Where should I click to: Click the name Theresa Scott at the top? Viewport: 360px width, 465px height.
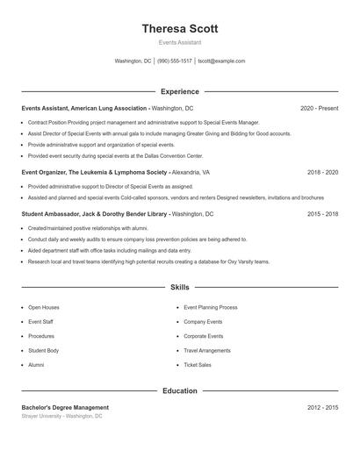point(179,28)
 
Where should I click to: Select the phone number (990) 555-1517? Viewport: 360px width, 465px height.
point(174,61)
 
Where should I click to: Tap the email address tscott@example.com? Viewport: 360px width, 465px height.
point(221,61)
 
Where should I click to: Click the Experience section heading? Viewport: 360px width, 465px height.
point(179,91)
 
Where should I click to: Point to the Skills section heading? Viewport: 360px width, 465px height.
point(179,287)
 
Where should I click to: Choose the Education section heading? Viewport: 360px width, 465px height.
point(179,390)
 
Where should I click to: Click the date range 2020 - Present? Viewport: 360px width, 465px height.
point(319,108)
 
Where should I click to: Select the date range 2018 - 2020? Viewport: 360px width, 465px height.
point(322,173)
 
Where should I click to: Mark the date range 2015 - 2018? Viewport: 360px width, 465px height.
point(322,213)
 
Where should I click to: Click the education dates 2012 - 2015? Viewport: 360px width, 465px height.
point(322,407)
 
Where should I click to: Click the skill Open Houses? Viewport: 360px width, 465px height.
point(44,308)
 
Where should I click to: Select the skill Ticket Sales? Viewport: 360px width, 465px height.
point(197,365)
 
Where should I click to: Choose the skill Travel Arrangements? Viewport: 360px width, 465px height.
point(207,351)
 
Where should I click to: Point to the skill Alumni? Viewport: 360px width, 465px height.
point(36,365)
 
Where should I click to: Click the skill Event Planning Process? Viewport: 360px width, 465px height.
point(211,308)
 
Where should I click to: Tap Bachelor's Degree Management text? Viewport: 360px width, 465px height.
point(65,407)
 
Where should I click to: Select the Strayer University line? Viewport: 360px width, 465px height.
point(61,416)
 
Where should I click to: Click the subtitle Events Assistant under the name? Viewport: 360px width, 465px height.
point(179,42)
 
